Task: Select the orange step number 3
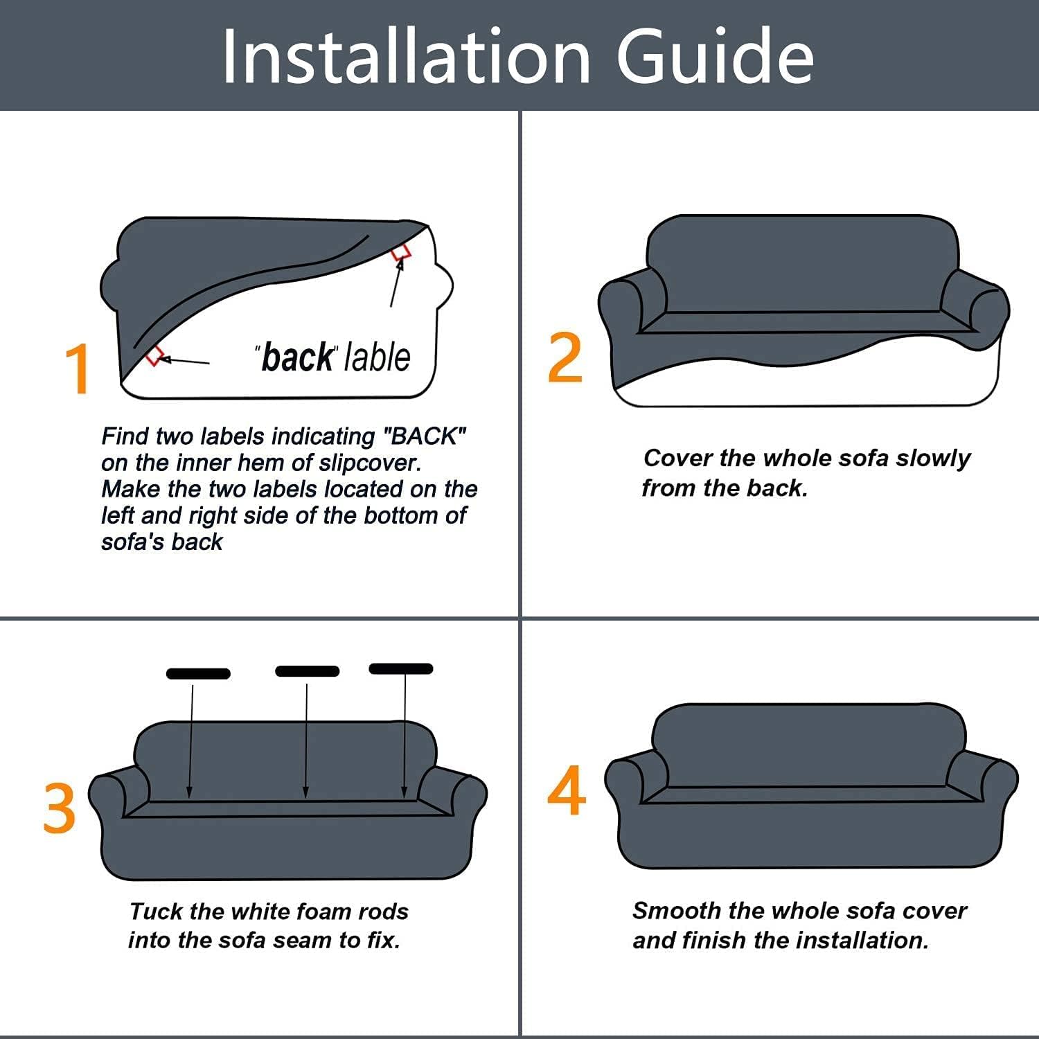(59, 807)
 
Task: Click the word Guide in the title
(715, 57)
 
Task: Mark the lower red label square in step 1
(154, 356)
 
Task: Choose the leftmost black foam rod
(198, 673)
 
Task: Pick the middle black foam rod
(308, 671)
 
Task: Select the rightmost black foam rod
(401, 668)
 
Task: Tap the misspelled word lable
(378, 357)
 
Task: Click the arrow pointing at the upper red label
(397, 283)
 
